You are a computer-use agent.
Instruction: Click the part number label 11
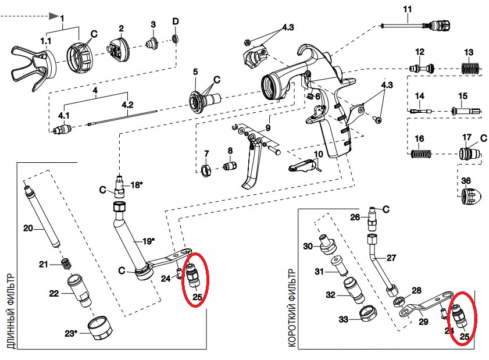coord(407,9)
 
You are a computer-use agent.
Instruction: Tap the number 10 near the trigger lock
coord(317,154)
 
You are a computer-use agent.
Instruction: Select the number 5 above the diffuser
coord(195,72)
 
